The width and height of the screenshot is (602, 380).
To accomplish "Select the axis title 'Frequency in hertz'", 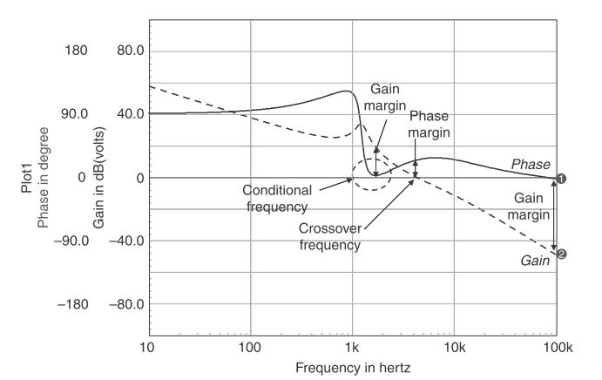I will pos(353,368).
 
